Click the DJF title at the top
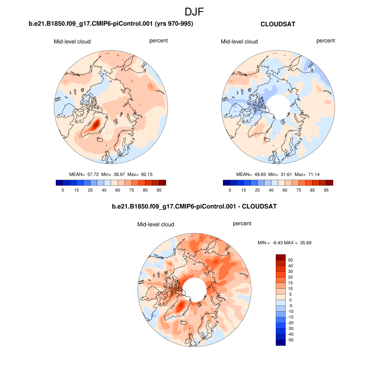[x=194, y=12]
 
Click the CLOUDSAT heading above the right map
[x=278, y=24]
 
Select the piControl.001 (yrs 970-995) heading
[x=111, y=24]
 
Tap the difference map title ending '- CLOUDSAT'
[x=194, y=207]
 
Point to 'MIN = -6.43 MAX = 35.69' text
[x=285, y=242]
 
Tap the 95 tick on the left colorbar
[x=159, y=190]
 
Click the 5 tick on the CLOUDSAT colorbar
[x=230, y=190]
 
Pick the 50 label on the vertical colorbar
[x=291, y=260]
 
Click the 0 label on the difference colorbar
[x=291, y=300]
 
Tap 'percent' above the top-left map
[x=158, y=41]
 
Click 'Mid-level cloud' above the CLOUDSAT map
[x=239, y=41]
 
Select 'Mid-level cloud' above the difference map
[x=156, y=225]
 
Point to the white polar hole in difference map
[x=194, y=289]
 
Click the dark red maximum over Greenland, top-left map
[x=96, y=124]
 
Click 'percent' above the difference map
[x=242, y=224]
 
